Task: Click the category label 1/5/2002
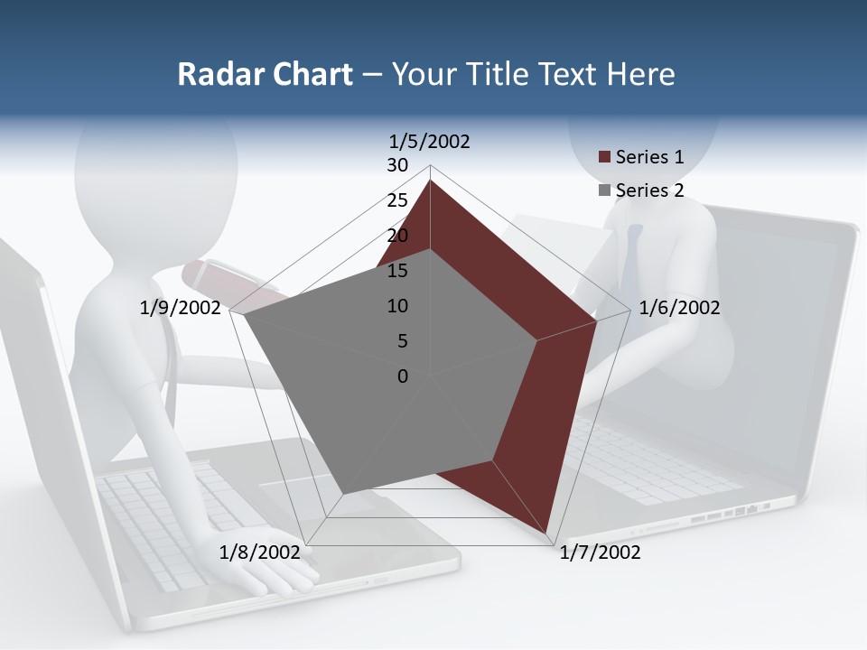[430, 141]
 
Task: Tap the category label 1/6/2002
[679, 308]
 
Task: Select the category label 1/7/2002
[600, 552]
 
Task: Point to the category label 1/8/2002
[260, 552]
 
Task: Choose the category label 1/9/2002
[181, 308]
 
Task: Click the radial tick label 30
[397, 165]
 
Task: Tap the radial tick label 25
[397, 200]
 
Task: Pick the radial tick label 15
[397, 271]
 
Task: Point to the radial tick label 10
[397, 306]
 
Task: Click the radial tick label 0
[403, 376]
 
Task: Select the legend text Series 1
[649, 157]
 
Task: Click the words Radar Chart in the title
[265, 74]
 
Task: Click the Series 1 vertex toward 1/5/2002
[430, 181]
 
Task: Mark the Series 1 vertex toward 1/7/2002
[547, 534]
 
